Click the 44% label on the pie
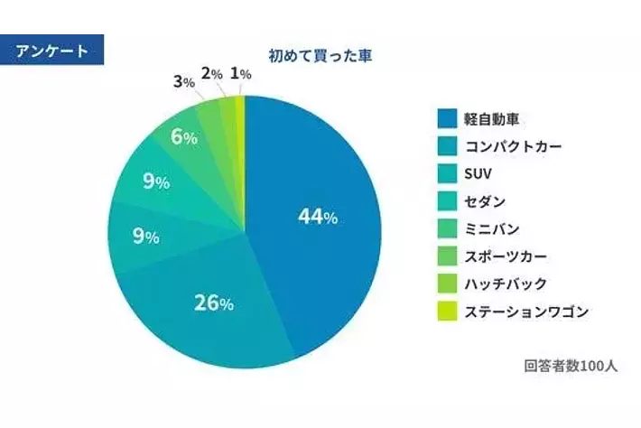pos(318,217)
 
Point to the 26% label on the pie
pos(214,302)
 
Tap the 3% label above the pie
pos(183,82)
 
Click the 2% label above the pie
pos(212,74)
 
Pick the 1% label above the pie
pos(240,73)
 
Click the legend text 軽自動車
pos(491,119)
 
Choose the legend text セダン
pos(485,201)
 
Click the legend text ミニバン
pos(491,229)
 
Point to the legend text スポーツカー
pos(505,256)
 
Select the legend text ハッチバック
pos(505,284)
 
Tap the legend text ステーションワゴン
pos(526,312)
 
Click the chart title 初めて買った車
pos(320,55)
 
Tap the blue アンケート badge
pos(52,51)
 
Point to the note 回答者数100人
pos(571,367)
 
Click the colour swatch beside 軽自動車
pos(446,119)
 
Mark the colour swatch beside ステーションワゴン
pos(446,312)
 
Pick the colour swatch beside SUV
pos(446,174)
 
